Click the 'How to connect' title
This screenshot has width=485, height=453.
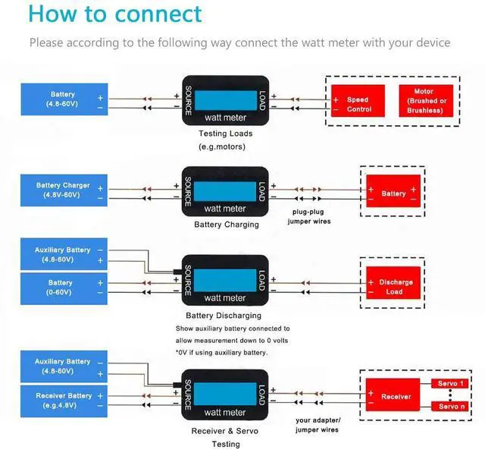115,14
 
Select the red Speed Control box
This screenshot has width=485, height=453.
358,101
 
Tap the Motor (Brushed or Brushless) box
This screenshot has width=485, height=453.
426,101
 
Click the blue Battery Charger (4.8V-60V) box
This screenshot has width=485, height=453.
64,190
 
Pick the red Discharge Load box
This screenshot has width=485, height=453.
393,283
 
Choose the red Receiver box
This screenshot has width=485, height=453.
393,395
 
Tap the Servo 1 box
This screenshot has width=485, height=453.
450,383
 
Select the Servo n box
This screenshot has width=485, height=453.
450,406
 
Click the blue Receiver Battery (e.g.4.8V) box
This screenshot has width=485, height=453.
64,401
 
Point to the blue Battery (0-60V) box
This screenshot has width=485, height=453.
64,288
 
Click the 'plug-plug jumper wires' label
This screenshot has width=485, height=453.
309,216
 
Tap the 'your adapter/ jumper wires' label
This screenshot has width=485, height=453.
318,425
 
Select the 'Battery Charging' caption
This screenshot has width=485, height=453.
227,225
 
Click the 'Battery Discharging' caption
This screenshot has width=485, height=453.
224,316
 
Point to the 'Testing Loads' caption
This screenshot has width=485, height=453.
226,134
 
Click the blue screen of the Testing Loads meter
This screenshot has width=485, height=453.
226,100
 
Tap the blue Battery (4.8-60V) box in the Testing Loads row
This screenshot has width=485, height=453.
64,99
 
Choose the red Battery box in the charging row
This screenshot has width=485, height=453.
393,191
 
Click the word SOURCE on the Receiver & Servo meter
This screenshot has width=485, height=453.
188,395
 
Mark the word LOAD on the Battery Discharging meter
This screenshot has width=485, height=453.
262,281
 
